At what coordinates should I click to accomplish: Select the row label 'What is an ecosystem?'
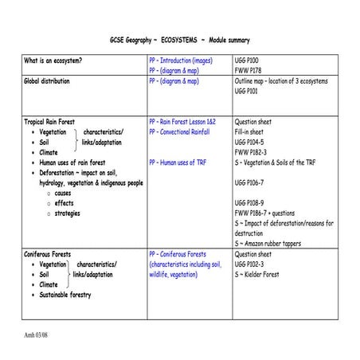(x=55, y=61)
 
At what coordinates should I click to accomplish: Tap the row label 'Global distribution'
(x=47, y=81)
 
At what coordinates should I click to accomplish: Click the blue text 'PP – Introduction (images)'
(x=181, y=61)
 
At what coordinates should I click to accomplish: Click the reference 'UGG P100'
(x=248, y=61)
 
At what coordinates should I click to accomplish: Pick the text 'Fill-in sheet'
(x=254, y=131)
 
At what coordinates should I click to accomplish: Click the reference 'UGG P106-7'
(x=252, y=182)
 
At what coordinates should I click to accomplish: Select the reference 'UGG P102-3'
(x=252, y=264)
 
